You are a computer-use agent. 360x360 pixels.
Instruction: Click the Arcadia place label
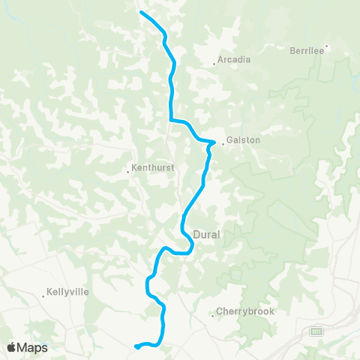234,59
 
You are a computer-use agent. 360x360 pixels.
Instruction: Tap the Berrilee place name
306,51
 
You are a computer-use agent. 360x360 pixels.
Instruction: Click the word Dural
206,234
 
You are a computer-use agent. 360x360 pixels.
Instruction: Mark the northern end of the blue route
141,12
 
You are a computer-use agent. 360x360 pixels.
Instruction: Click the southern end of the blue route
136,346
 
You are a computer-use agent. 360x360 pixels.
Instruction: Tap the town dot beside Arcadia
214,64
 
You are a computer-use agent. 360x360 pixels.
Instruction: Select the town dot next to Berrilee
326,46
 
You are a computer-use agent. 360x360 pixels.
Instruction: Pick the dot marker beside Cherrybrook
213,316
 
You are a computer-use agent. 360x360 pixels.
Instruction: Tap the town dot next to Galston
222,143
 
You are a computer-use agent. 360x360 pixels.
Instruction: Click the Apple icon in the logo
11,347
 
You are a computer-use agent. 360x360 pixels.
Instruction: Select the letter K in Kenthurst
133,168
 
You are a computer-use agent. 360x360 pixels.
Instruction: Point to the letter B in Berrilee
292,51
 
